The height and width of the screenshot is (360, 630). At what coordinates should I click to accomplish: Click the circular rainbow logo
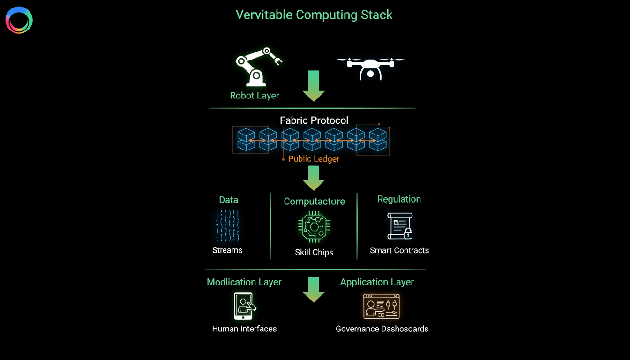point(19,20)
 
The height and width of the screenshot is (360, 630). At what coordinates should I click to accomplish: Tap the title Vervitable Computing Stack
point(314,15)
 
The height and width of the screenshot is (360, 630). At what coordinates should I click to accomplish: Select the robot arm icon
point(257,67)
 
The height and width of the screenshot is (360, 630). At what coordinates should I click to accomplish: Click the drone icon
point(370,67)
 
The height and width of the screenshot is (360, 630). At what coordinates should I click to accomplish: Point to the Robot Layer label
point(255,96)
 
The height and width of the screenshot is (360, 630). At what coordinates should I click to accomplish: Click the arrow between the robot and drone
point(314,86)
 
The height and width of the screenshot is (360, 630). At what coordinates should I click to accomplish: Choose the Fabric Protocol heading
point(314,120)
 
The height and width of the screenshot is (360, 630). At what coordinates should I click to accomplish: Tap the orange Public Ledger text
point(314,159)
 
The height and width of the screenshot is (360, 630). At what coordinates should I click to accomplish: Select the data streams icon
point(228,225)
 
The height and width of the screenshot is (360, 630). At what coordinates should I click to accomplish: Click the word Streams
point(227,250)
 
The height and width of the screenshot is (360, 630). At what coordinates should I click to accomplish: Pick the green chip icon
point(314,227)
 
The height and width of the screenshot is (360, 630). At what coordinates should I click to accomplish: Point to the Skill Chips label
point(314,252)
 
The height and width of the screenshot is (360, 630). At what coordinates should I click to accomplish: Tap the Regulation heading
point(399,199)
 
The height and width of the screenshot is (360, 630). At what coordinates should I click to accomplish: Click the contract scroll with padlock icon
point(399,226)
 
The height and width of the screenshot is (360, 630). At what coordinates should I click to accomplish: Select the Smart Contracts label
point(399,250)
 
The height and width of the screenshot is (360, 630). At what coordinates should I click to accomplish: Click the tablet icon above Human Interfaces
point(244,306)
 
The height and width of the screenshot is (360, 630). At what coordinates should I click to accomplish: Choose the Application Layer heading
point(377,282)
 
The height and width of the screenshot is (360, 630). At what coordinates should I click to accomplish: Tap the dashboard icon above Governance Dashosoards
point(382,306)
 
